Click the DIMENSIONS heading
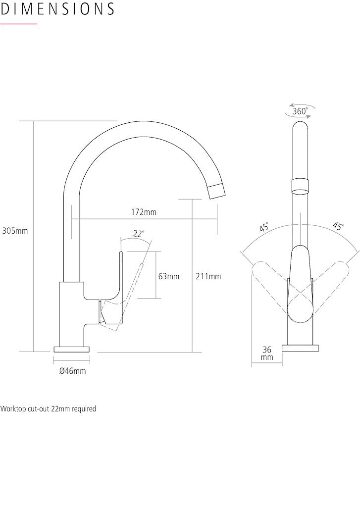click(x=57, y=9)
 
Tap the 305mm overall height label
click(x=15, y=231)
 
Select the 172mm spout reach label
click(x=144, y=212)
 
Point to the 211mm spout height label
click(x=208, y=276)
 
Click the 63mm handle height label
click(x=169, y=276)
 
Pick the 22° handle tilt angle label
click(x=139, y=234)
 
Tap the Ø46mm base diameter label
click(x=72, y=371)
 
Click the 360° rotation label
click(x=300, y=111)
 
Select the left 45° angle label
click(x=264, y=228)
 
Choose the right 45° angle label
click(x=338, y=227)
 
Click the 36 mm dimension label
click(x=267, y=354)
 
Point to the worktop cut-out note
click(x=48, y=409)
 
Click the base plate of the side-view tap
click(x=72, y=349)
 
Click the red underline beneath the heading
click(x=19, y=24)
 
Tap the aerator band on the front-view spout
click(x=300, y=185)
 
